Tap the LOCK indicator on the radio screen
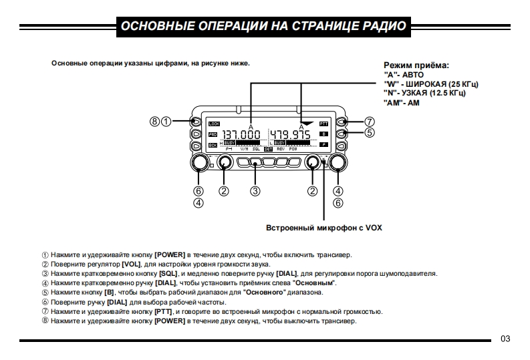point(214,124)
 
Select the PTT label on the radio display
point(323,124)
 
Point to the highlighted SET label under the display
point(268,150)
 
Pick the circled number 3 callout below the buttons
point(255,191)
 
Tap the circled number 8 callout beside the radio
point(155,122)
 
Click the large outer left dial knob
point(198,163)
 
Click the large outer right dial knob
point(338,163)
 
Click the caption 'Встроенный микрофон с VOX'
point(324,227)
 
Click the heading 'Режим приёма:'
point(416,65)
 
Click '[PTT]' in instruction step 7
point(164,311)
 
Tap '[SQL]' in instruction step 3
point(165,273)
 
